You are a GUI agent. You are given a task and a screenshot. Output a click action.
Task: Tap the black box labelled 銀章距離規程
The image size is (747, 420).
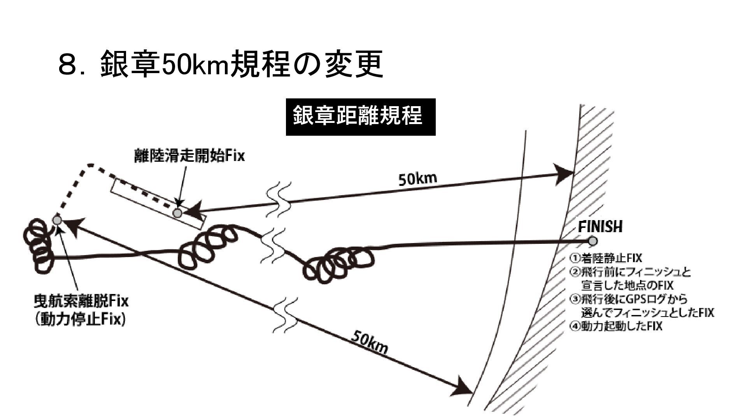(x=360, y=117)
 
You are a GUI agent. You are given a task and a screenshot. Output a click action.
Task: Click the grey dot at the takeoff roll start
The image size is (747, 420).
(x=177, y=213)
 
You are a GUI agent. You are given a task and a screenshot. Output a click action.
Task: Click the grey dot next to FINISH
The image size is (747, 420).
(x=593, y=241)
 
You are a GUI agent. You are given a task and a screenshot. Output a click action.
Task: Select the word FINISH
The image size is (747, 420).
(x=600, y=227)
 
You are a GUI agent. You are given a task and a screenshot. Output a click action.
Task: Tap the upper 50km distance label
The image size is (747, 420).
(x=417, y=179)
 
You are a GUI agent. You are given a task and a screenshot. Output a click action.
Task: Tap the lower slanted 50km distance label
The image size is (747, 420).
(x=369, y=342)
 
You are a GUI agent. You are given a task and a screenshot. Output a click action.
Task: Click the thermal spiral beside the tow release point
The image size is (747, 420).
(x=37, y=245)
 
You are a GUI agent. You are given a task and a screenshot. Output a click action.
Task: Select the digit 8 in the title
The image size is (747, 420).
(x=67, y=65)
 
